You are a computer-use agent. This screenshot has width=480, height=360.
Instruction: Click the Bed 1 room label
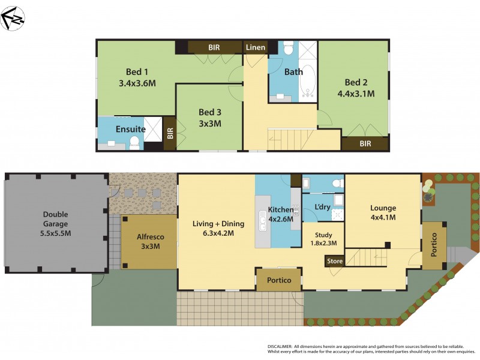pos(137,69)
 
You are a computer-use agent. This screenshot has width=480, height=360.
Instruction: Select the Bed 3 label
pos(210,112)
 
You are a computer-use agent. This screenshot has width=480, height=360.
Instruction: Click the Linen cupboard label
pos(256,47)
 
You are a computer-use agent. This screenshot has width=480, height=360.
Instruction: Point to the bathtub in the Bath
pos(307,81)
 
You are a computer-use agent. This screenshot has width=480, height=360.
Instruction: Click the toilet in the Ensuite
pos(134,142)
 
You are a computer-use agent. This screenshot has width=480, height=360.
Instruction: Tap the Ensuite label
pos(130,128)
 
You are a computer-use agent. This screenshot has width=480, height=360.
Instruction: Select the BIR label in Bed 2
pos(365,144)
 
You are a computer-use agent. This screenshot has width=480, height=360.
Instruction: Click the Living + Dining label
pos(218,224)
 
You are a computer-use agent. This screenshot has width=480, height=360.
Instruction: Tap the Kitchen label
pos(280,209)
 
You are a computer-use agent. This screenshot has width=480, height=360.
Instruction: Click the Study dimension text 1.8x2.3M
pos(323,243)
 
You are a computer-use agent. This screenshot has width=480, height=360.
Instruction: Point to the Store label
pos(335,261)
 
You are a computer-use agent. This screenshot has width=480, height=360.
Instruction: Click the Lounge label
pos(383,208)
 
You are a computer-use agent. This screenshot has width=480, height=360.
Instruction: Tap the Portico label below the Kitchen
pos(279,280)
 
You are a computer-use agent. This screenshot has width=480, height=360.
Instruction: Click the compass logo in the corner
pos(13,18)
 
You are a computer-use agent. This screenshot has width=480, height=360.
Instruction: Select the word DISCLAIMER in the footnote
pos(280,347)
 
